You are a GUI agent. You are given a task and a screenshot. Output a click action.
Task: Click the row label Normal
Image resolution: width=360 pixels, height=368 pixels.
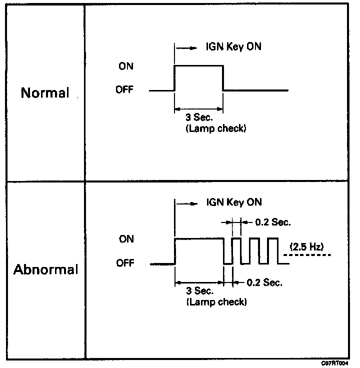[45, 92]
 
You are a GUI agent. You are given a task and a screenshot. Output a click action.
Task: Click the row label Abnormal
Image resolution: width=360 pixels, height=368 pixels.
[45, 269]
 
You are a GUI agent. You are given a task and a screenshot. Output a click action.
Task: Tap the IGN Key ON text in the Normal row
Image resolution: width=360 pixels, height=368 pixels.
[233, 46]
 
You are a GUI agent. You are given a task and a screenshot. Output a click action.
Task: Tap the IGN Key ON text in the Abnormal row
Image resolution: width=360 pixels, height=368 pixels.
[234, 202]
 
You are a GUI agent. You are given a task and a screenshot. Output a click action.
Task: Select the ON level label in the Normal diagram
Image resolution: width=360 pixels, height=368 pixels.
[126, 66]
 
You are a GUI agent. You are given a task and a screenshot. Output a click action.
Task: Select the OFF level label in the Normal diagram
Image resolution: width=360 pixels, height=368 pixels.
[124, 89]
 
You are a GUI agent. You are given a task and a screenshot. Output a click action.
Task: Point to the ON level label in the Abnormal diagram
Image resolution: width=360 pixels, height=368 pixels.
[126, 239]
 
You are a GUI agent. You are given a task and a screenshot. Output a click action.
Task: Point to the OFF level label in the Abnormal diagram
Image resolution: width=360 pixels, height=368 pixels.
[125, 263]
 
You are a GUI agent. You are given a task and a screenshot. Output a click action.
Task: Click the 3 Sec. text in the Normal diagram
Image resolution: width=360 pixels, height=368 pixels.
[199, 117]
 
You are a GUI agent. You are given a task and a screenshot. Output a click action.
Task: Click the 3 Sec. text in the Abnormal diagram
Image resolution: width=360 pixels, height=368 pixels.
[199, 291]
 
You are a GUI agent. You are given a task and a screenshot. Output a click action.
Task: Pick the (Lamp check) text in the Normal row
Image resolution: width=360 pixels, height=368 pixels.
[216, 128]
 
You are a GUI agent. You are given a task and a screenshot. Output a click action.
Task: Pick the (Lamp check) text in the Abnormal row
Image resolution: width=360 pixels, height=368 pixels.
[216, 302]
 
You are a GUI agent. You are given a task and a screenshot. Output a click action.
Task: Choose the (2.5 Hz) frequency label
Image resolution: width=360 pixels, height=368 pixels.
[306, 246]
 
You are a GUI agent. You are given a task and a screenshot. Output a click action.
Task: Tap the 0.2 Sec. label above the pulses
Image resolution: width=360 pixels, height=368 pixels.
[273, 222]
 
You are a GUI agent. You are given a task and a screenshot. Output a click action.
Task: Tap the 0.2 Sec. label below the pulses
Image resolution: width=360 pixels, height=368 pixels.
[264, 282]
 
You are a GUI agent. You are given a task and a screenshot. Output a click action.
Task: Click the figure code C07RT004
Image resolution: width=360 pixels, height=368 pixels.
[334, 363]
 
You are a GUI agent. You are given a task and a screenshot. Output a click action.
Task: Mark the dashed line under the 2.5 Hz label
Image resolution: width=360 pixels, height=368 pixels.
[307, 255]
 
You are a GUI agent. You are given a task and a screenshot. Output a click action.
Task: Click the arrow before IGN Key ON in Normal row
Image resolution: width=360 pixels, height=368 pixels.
[186, 48]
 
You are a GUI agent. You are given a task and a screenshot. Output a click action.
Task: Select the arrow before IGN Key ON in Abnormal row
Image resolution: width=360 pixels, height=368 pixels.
[187, 203]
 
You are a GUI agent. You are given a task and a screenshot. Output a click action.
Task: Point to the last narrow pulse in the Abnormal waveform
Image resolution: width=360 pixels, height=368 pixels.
[273, 238]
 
